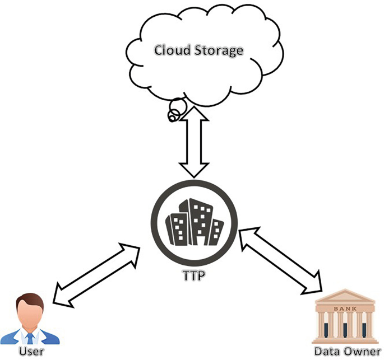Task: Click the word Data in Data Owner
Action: pos(326,352)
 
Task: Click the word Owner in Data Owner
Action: pos(358,352)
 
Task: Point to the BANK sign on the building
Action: pos(344,308)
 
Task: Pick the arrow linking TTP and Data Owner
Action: pos(281,260)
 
